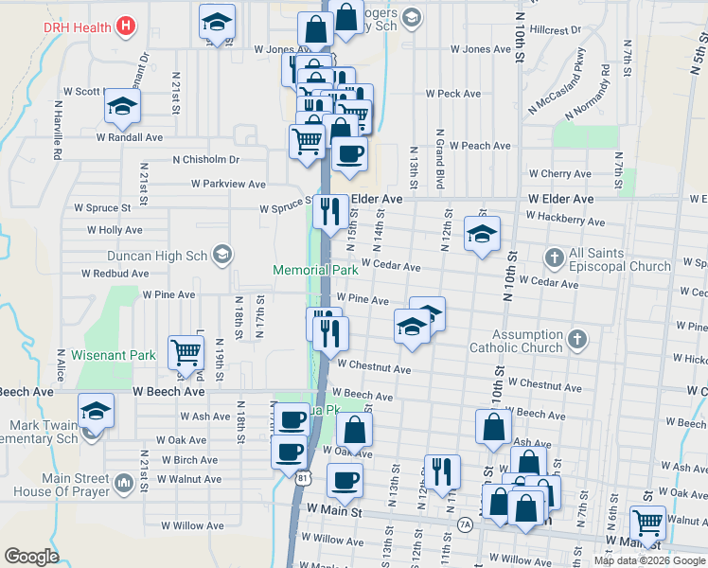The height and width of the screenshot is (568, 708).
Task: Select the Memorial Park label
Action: [x=315, y=270]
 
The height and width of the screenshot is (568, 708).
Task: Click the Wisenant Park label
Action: [x=116, y=356]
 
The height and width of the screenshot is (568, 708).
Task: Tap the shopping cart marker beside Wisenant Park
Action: [x=186, y=352]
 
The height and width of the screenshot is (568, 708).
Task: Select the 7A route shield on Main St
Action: [x=465, y=524]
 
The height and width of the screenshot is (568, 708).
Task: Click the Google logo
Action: [x=31, y=557]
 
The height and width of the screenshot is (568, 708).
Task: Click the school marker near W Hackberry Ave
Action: [x=482, y=234]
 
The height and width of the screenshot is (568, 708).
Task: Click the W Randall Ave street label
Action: [x=130, y=136]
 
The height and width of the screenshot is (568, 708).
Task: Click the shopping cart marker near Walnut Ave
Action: [x=648, y=520]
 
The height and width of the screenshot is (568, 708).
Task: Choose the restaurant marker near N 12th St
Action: [x=442, y=470]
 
